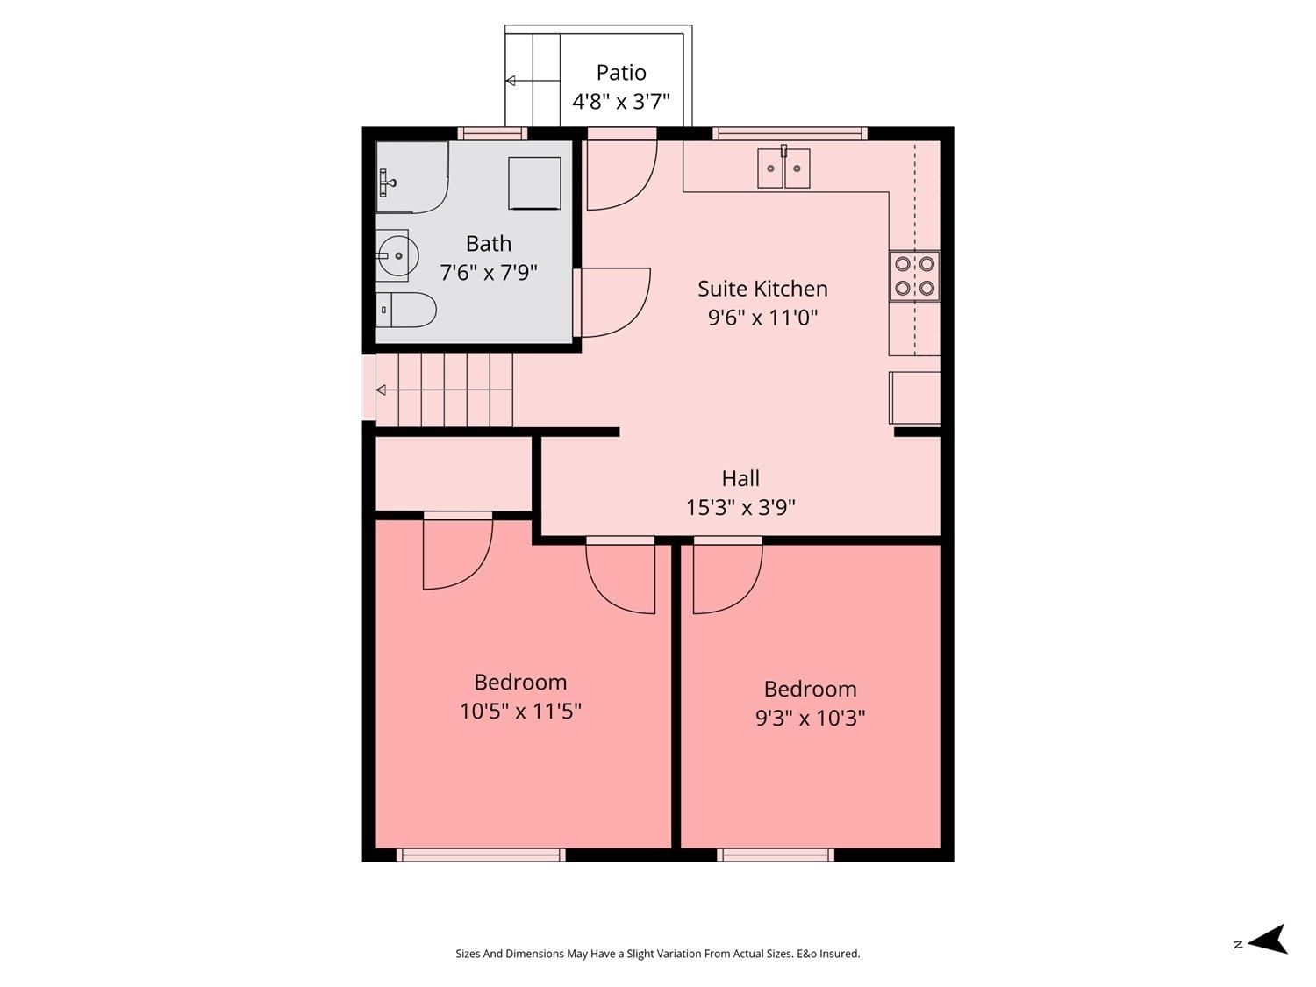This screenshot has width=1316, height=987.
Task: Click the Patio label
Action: [620, 73]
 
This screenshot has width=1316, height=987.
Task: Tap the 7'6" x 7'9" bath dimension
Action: [489, 273]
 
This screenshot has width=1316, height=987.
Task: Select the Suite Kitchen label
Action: [762, 289]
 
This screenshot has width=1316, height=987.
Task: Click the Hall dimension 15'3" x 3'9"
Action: [740, 508]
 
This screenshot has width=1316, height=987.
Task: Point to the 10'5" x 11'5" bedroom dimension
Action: [520, 712]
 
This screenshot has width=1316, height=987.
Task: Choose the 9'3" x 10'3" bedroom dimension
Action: [810, 718]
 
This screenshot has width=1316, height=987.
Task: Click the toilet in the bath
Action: [406, 310]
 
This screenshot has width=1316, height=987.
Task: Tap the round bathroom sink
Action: [397, 256]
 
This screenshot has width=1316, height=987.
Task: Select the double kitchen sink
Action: [783, 168]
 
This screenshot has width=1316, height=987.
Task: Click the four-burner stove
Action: [914, 275]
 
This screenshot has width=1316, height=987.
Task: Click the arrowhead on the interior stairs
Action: [381, 390]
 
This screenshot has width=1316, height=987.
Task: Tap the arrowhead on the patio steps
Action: [511, 81]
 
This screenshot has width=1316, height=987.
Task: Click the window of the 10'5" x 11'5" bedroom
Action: [481, 855]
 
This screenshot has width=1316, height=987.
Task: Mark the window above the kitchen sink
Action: [790, 133]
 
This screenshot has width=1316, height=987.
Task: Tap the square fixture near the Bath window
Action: [535, 182]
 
